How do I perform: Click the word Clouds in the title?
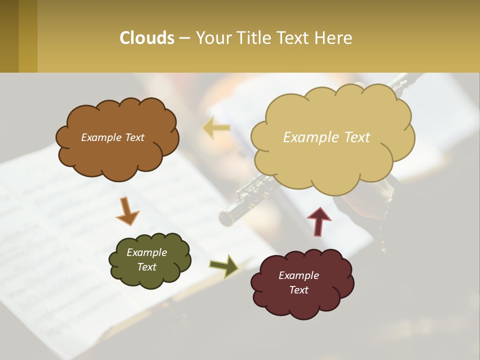(146, 37)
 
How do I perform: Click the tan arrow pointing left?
(216, 127)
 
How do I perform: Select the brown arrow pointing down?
(127, 211)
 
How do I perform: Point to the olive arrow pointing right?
(223, 265)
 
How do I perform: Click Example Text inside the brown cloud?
(112, 137)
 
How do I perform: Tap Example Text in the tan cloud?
(326, 137)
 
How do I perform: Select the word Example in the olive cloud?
(146, 252)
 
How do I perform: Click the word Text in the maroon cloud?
(298, 290)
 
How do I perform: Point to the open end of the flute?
(226, 218)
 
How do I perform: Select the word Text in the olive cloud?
(146, 267)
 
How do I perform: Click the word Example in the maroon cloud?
(298, 275)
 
